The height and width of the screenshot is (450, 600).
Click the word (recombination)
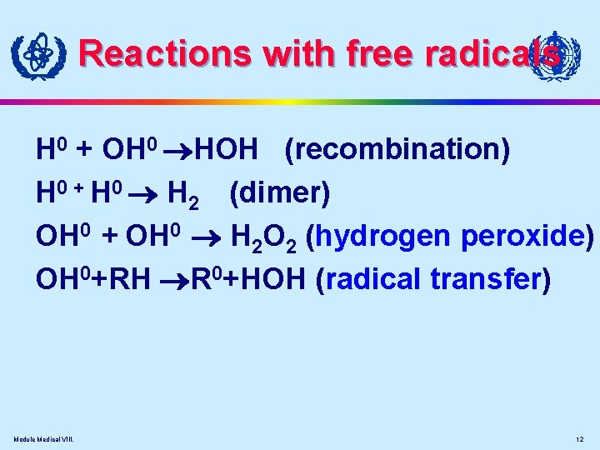(397, 150)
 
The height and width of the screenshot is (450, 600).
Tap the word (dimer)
(280, 193)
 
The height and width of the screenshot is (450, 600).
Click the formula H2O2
(263, 238)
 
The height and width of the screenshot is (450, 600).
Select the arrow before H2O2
(212, 238)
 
